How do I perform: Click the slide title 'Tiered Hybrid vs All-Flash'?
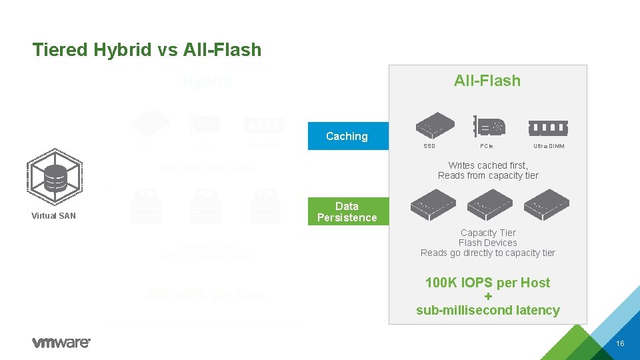click(x=147, y=49)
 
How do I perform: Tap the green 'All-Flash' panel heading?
click(x=487, y=81)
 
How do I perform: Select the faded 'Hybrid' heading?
click(x=207, y=81)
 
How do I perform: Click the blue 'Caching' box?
click(x=347, y=136)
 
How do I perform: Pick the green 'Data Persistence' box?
click(x=347, y=212)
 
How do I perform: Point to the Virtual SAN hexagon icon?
click(x=53, y=175)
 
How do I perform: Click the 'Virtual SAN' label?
click(x=53, y=216)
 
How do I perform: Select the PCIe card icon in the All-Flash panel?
click(x=489, y=125)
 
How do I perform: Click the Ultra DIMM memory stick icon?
click(x=548, y=127)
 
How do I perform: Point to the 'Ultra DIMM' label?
click(x=549, y=146)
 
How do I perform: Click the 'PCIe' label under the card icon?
click(x=487, y=146)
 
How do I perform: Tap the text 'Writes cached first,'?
click(x=488, y=165)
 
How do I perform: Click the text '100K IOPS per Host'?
click(x=487, y=283)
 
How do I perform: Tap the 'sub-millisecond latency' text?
click(x=487, y=310)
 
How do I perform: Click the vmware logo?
click(x=61, y=342)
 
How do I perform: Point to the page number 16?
click(x=620, y=343)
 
